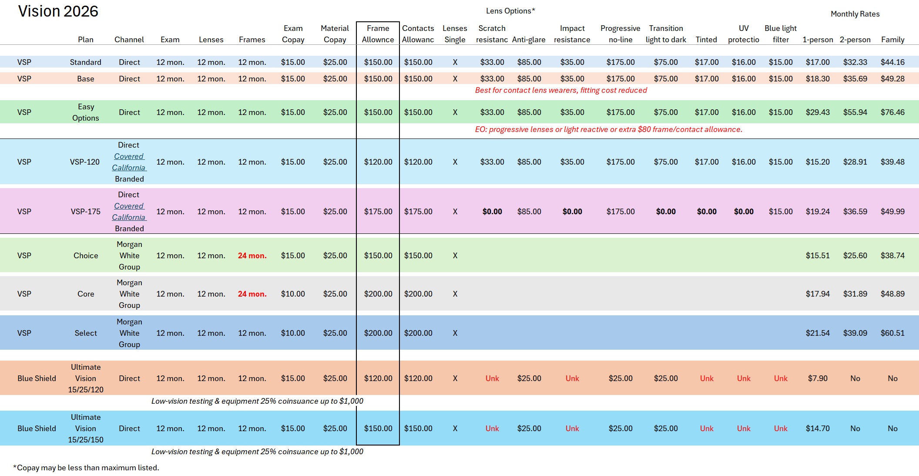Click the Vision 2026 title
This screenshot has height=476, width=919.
[x=58, y=11]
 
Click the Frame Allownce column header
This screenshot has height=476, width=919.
[x=378, y=34]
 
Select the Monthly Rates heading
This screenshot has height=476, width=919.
[x=855, y=14]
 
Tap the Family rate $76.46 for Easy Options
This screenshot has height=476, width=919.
[x=892, y=112]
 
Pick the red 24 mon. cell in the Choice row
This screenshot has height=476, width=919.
[x=252, y=256]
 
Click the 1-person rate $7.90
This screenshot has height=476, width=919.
[x=817, y=378]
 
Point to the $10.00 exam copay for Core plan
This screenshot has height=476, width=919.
[x=293, y=294]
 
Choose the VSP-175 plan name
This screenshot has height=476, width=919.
[x=85, y=212]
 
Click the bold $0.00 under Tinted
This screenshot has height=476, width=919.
[x=706, y=212]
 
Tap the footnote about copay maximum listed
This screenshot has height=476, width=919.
[x=86, y=468]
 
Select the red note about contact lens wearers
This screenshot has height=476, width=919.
[x=560, y=90]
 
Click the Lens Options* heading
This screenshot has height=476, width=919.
[x=510, y=11]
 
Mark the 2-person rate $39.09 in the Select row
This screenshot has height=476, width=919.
[x=855, y=333]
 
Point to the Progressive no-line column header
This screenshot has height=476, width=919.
[x=620, y=34]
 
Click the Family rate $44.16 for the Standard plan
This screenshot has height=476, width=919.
[x=892, y=62]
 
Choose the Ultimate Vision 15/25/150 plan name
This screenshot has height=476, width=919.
[x=85, y=429]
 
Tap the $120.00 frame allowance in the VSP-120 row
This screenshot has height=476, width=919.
[x=378, y=162]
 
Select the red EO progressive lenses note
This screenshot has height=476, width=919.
[x=608, y=129]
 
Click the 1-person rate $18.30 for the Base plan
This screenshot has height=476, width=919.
[x=817, y=79]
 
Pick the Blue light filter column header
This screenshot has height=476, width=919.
[x=780, y=34]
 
